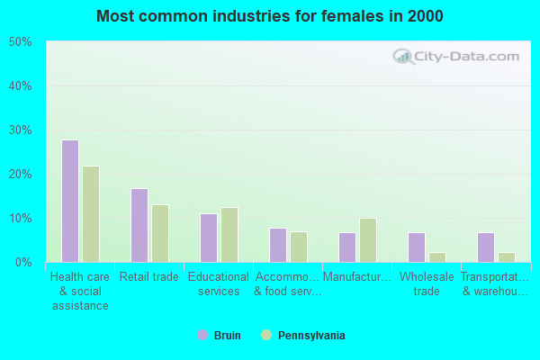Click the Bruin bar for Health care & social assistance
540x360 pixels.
point(70,201)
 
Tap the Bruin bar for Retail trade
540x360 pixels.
point(139,225)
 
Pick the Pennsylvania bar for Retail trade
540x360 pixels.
point(160,233)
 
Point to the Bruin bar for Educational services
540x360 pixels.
point(209,238)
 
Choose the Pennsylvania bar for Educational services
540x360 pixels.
point(229,235)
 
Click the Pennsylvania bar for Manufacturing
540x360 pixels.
point(368,240)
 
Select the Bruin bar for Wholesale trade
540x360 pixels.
point(417,247)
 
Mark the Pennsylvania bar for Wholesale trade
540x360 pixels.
point(437,257)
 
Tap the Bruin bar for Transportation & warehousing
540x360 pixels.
point(486,247)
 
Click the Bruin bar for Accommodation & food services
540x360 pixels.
point(278,245)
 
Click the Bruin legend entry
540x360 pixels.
point(220,336)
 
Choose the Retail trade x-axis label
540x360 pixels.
point(149,277)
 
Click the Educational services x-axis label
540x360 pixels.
point(219,284)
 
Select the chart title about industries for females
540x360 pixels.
point(270,16)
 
